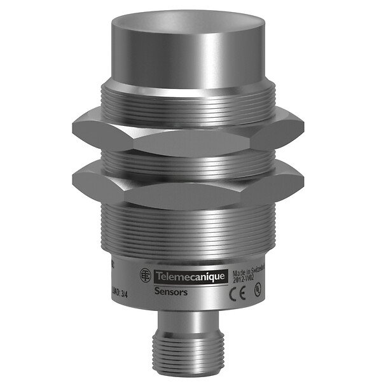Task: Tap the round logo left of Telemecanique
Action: point(146,275)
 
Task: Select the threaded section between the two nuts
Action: point(191,159)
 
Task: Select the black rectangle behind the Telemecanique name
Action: point(188,274)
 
